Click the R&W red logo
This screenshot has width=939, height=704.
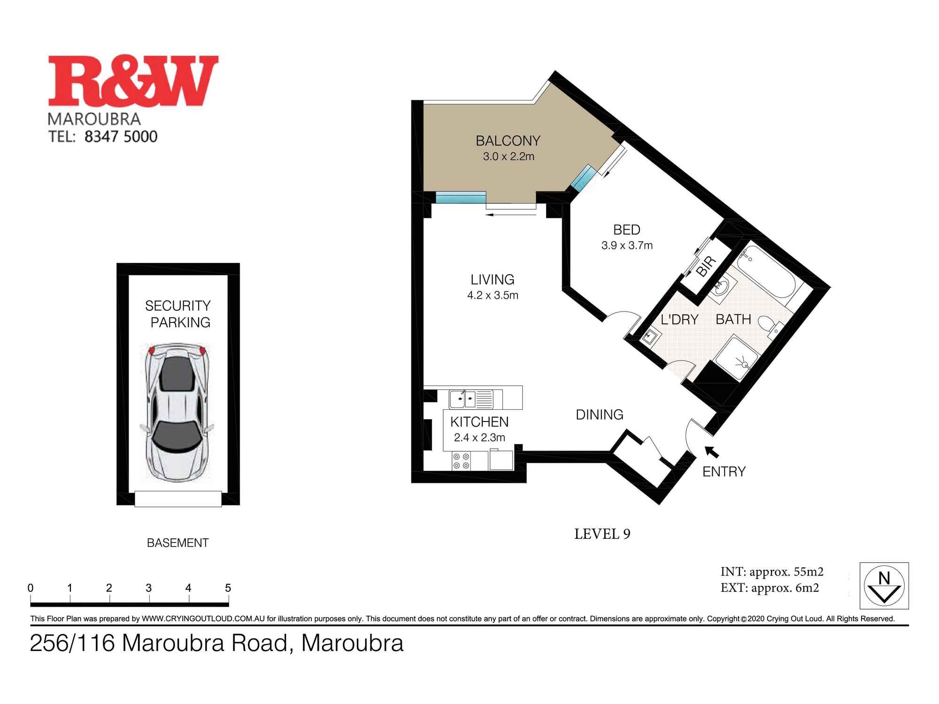(x=133, y=81)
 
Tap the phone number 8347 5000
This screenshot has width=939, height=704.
(x=121, y=137)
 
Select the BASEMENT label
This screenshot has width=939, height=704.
(x=177, y=543)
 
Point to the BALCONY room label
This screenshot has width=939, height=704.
(x=508, y=141)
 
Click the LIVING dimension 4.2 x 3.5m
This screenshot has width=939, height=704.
(x=493, y=295)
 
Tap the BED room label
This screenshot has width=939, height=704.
(x=626, y=230)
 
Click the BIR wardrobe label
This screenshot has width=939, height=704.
(x=706, y=267)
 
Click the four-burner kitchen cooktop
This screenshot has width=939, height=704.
(x=461, y=460)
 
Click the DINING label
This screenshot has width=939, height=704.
(x=600, y=415)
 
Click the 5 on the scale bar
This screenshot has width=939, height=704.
(x=228, y=588)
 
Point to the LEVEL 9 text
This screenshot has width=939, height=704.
(x=602, y=534)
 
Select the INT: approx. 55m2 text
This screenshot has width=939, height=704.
(x=772, y=572)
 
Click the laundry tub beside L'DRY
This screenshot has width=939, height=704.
(x=651, y=337)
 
